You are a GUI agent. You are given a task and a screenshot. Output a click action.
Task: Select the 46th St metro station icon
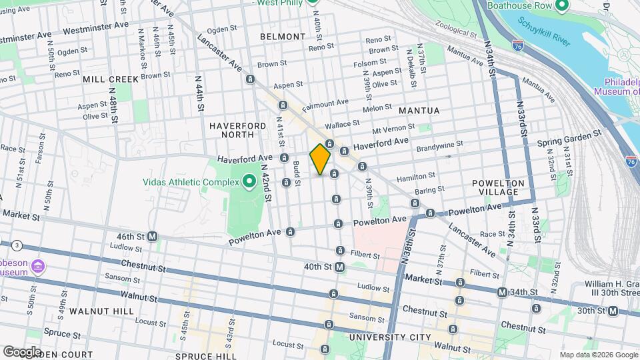(x=152, y=236)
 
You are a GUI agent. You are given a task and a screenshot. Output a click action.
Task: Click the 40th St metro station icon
(x=340, y=267)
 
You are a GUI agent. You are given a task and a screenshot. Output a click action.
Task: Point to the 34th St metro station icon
(x=502, y=292)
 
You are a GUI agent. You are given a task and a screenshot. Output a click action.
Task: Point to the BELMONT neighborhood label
(x=278, y=36)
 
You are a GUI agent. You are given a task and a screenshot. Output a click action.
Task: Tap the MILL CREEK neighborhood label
(x=111, y=79)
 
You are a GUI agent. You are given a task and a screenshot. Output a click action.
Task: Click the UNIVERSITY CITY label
(x=391, y=337)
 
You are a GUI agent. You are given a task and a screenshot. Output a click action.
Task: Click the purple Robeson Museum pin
(x=38, y=268)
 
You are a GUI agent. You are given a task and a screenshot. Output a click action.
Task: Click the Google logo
(x=22, y=351)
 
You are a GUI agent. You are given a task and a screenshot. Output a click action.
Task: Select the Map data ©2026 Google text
(x=598, y=354)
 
